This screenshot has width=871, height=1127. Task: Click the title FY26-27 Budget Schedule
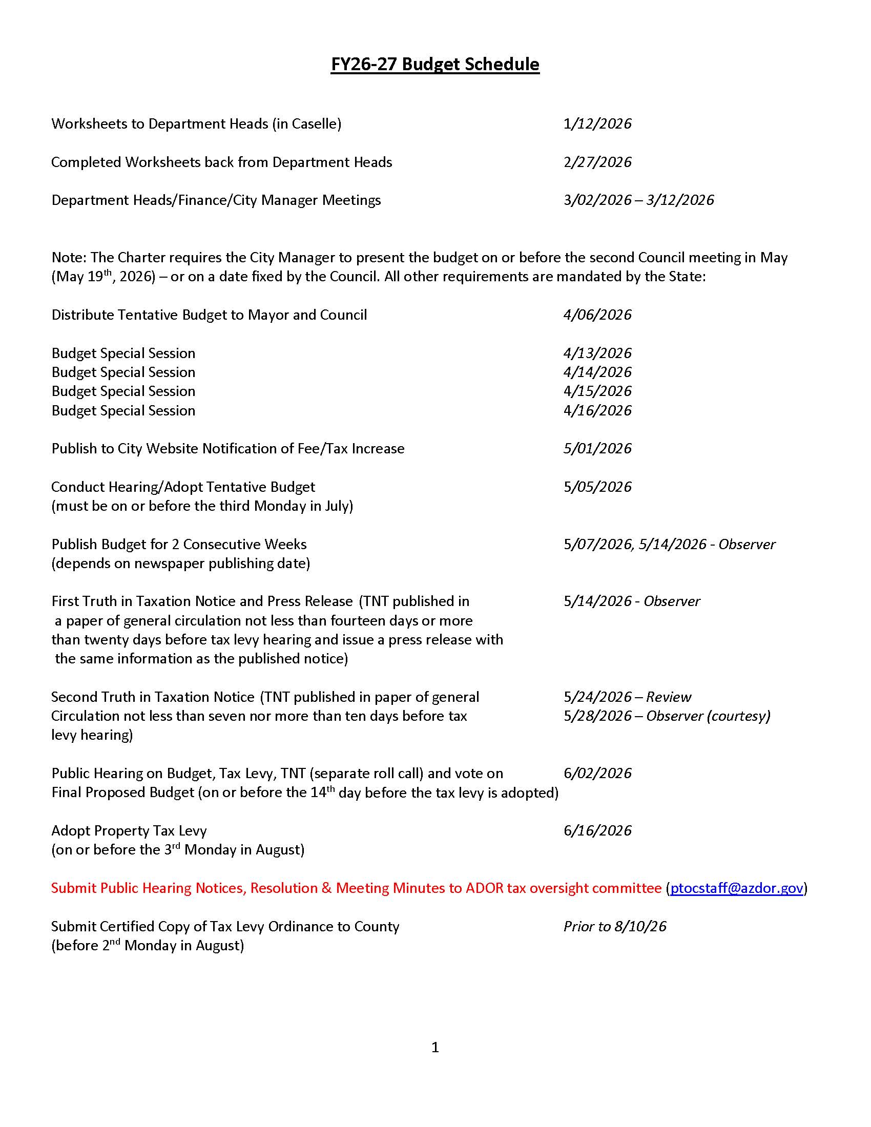[x=435, y=65]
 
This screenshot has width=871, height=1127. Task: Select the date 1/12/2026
[x=597, y=124]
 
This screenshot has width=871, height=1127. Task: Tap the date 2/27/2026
[x=597, y=162]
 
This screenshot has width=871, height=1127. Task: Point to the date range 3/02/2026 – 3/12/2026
[x=638, y=200]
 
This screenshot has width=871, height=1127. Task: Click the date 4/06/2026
[x=597, y=315]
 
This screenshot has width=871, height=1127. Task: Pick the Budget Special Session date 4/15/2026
[x=597, y=391]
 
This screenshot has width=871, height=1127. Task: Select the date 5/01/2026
[x=597, y=448]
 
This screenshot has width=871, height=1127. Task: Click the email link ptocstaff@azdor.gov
[x=736, y=888]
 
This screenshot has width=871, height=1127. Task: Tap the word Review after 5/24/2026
[x=668, y=697]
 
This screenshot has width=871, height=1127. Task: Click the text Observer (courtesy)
[x=708, y=716]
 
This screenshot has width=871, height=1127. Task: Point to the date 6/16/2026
[x=597, y=831]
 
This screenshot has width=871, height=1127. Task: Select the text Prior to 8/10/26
[x=614, y=926]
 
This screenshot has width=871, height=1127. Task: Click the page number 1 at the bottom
[x=435, y=1047]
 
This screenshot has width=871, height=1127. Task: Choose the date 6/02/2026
[x=597, y=774]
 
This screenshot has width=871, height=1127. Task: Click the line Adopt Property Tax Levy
[x=129, y=831]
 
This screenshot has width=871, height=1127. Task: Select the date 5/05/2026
[x=597, y=487]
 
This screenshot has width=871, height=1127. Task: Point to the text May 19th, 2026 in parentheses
[x=103, y=277]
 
